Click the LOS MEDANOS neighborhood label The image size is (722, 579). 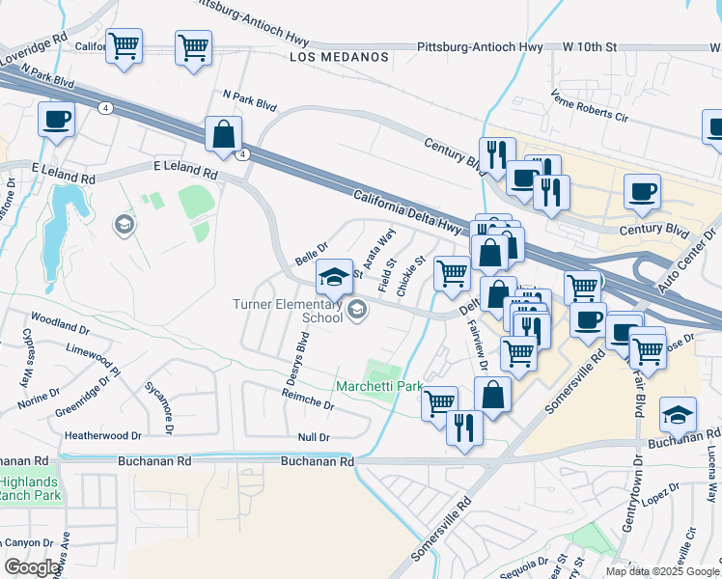pyautogui.click(x=339, y=57)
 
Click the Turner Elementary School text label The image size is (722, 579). pyautogui.click(x=288, y=311)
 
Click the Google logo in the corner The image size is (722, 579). pyautogui.click(x=33, y=567)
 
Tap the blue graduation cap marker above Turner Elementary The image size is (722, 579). pyautogui.click(x=334, y=276)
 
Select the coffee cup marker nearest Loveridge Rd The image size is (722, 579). pyautogui.click(x=56, y=120)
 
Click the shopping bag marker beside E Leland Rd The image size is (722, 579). pyautogui.click(x=223, y=135)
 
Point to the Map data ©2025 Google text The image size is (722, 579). pyautogui.click(x=661, y=571)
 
